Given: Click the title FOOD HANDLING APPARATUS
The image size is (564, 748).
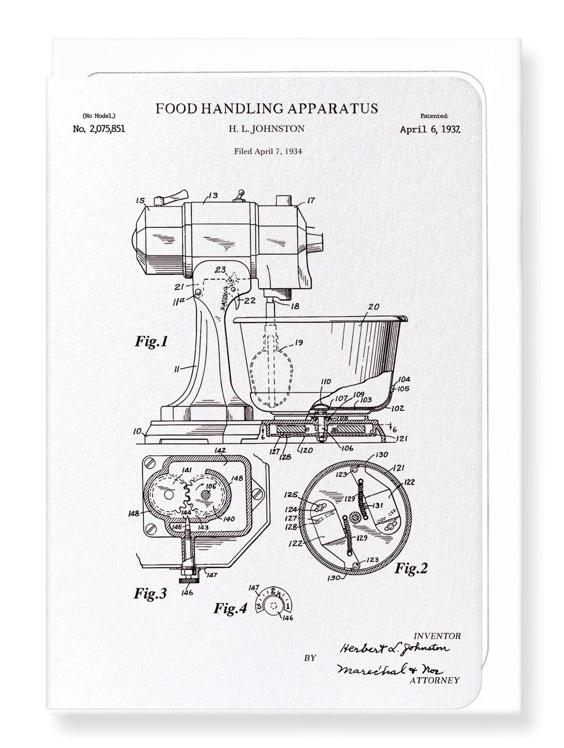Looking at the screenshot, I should click(266, 109).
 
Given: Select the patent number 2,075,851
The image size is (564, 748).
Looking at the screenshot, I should click(99, 129).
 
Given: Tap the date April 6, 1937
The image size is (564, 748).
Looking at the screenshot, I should click(430, 129).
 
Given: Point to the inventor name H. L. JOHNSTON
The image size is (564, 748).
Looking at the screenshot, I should click(266, 129).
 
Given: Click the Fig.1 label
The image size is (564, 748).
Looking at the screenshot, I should click(152, 342).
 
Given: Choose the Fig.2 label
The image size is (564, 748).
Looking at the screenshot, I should click(411, 568).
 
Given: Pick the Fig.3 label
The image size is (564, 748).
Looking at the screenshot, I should click(150, 593).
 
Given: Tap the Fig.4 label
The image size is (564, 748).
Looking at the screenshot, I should click(230, 608).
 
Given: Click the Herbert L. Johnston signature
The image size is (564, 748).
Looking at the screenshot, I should click(394, 648).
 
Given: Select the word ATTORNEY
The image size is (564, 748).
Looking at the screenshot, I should click(434, 680).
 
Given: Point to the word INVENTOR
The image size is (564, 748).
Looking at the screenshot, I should click(437, 636).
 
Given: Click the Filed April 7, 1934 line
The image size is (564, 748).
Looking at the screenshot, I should click(268, 151).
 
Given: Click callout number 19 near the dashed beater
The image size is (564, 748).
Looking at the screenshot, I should click(298, 343).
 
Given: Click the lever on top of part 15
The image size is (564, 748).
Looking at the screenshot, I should click(173, 197).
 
